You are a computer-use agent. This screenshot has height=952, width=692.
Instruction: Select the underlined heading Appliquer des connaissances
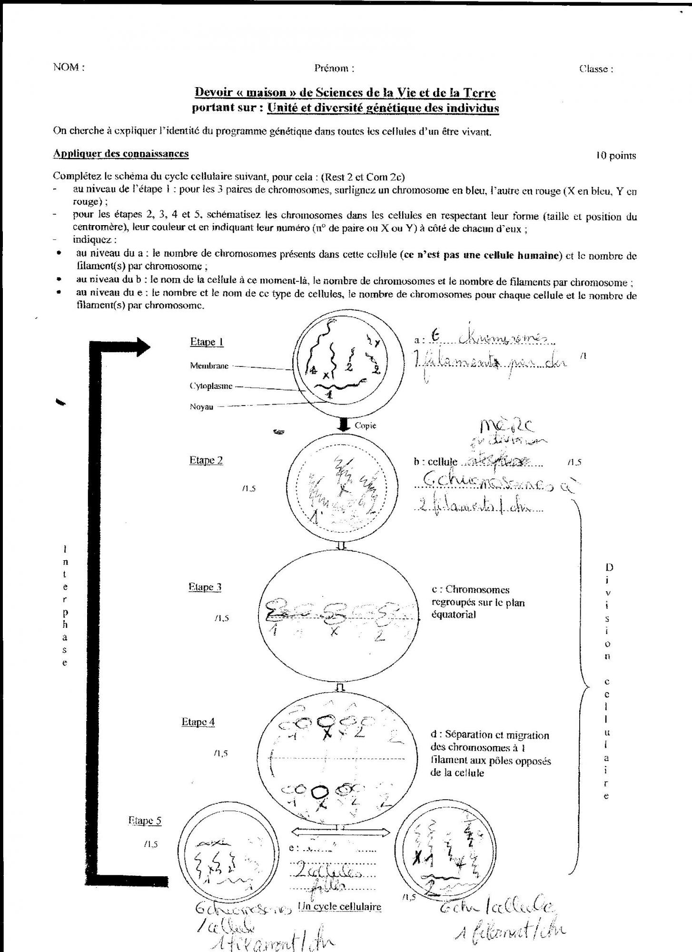point(121,153)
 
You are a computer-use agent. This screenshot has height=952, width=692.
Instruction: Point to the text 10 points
point(616,156)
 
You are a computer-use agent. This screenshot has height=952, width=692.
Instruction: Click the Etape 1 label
point(207,342)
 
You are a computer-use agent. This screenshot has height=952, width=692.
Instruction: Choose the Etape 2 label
point(206,460)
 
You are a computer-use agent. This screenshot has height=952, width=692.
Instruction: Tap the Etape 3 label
point(205,587)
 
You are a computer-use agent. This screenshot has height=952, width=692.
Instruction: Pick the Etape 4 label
point(198,722)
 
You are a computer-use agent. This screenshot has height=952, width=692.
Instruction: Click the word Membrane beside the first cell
point(209,366)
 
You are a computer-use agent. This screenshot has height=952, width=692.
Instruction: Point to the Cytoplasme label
point(211,386)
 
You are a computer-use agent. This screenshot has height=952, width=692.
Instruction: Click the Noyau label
point(201,407)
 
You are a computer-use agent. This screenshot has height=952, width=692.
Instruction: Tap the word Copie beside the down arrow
point(365,425)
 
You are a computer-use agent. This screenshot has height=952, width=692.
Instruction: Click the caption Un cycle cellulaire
point(339,907)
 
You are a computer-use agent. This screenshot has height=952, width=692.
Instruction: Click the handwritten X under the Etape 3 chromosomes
point(335,632)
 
